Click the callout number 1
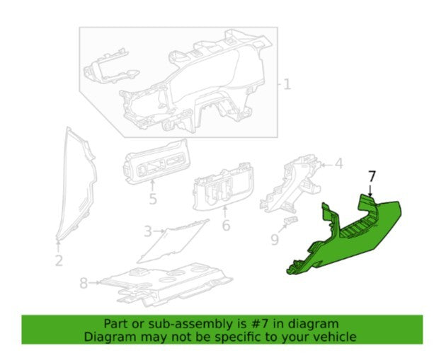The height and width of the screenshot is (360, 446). [287, 84]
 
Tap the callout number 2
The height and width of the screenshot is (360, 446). [59, 261]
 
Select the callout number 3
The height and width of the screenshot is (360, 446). [148, 231]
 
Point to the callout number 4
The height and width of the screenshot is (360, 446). [338, 163]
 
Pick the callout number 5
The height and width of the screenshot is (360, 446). [153, 199]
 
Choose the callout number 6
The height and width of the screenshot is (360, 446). [226, 226]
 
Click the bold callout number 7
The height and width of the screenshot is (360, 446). [372, 176]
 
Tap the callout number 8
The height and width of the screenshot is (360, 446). [84, 283]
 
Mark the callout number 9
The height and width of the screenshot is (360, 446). [275, 240]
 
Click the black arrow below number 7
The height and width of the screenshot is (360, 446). [370, 190]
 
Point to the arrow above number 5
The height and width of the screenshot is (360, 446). [152, 186]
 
